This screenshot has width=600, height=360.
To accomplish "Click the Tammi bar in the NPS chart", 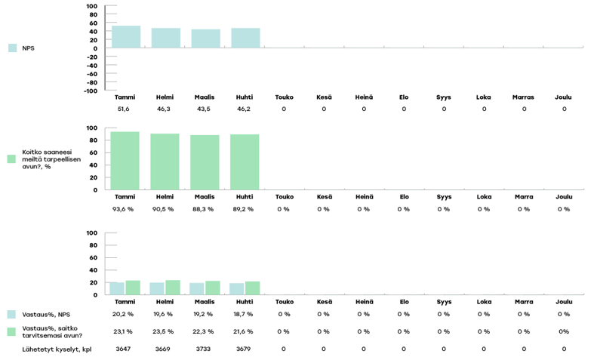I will tap(125, 37).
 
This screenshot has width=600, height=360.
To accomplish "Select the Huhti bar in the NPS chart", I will tap(245, 38).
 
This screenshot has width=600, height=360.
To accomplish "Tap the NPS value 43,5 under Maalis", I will tap(204, 109).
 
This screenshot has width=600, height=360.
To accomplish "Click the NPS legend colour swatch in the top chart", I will tap(12, 48).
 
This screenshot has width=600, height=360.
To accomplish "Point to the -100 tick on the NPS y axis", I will tap(90, 91).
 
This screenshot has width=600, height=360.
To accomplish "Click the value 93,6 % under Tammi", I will tap(124, 209).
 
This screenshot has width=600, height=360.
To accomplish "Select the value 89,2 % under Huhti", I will tap(244, 209).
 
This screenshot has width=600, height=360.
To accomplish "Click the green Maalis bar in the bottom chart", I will tap(212, 288).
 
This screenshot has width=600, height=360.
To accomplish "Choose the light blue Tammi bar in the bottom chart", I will tap(117, 288).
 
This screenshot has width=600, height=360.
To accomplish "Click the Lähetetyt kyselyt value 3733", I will tap(204, 349).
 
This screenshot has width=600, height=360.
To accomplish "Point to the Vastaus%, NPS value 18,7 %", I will tap(244, 314).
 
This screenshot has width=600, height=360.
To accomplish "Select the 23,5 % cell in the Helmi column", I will tap(164, 331).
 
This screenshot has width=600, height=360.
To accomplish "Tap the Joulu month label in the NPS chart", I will tap(564, 97).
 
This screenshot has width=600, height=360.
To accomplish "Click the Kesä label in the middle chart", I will tap(323, 197).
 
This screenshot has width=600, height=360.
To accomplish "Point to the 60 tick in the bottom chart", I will tap(92, 258).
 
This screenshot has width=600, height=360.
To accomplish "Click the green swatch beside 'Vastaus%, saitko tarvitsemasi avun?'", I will tap(12, 331).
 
